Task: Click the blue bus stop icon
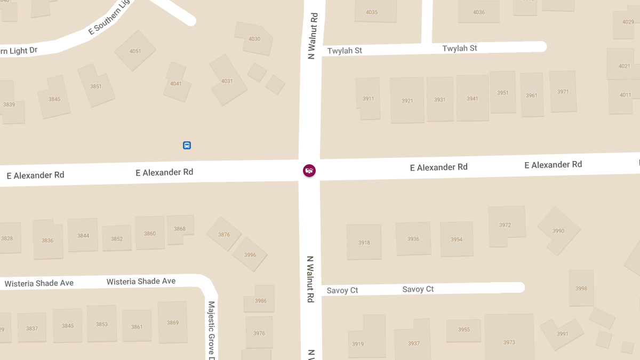(187, 145)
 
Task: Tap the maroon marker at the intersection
(309, 171)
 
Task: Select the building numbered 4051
(135, 51)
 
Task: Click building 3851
(96, 86)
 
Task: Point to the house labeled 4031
(228, 81)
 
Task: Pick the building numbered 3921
(407, 100)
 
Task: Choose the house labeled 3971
(563, 92)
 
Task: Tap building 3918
(364, 242)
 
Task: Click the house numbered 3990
(558, 230)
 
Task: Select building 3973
(509, 342)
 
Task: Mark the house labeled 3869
(172, 322)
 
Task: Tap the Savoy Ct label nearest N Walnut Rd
(342, 290)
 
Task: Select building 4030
(254, 38)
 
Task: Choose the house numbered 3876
(224, 234)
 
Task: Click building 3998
(581, 288)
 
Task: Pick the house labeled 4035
(372, 12)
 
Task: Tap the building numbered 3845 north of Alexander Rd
(54, 99)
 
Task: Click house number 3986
(260, 300)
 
